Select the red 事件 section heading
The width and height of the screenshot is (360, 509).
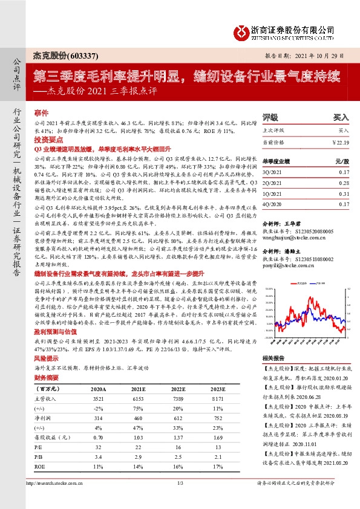click(x=41, y=113)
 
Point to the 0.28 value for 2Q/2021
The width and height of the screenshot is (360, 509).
click(x=343, y=181)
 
